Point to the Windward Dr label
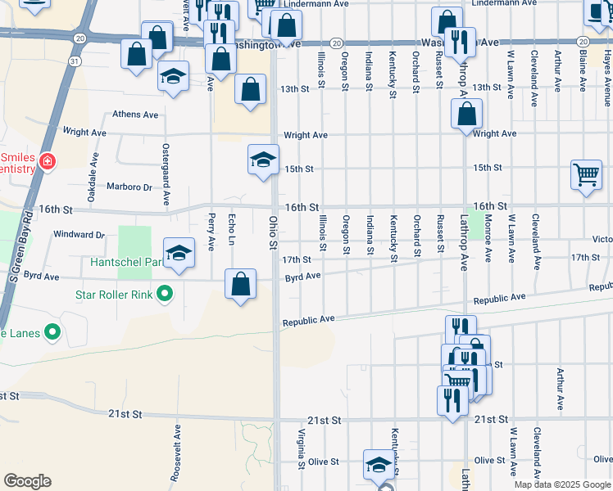pos(79,235)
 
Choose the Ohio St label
pos(273,232)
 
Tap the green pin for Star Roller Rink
pos(165,293)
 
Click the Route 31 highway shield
pos(75,61)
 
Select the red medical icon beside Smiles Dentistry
pos(48,161)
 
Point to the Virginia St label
pos(302,448)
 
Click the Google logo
pos(27,481)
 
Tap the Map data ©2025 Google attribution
pos(561,484)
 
